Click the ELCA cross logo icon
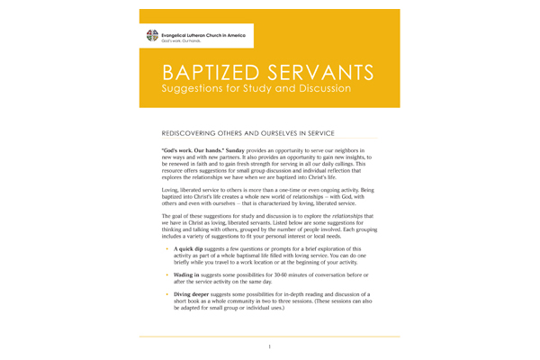[x=151, y=36]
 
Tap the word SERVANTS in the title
[x=310, y=72]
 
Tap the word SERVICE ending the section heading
[x=355, y=130]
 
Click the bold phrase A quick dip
[x=190, y=247]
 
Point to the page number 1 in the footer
[x=269, y=346]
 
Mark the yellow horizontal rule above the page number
[x=269, y=337]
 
